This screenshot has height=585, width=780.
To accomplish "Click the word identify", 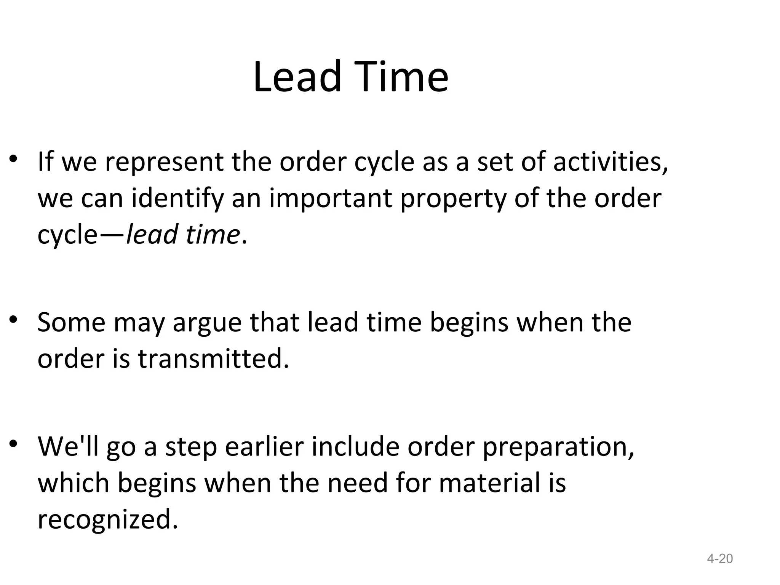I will coord(177,199).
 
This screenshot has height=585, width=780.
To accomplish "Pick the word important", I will coord(331,199).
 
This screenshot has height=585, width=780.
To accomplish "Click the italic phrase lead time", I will coord(182,234).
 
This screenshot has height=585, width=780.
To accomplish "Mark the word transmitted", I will coord(213,359).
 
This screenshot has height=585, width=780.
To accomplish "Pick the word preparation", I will coord(558,447).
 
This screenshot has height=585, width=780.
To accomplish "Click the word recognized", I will coord(108,519).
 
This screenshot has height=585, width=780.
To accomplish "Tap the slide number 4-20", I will coord(719,559).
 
